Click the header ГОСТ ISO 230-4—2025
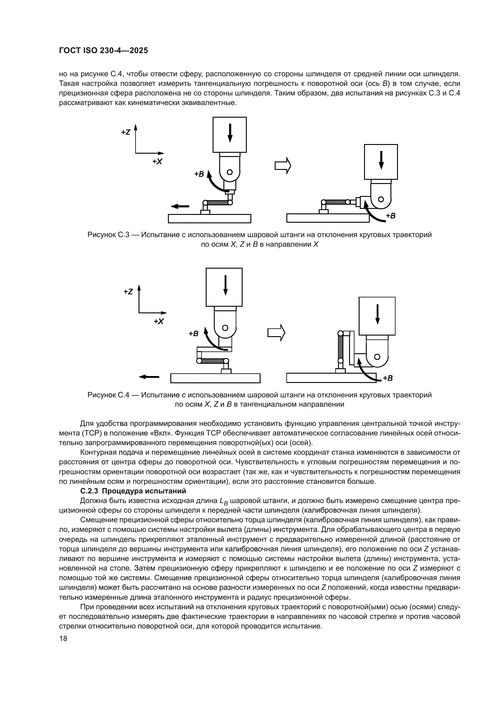(x=103, y=51)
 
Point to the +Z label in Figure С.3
(x=126, y=132)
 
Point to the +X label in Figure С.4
(x=159, y=321)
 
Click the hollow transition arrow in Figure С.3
(x=283, y=166)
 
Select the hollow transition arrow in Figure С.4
(x=276, y=332)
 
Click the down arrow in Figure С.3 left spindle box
(x=230, y=133)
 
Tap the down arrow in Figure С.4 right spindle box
(x=377, y=314)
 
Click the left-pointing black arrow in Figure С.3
(x=180, y=206)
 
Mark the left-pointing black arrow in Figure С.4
(x=149, y=377)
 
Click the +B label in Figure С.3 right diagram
(x=390, y=215)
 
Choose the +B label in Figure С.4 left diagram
(x=193, y=333)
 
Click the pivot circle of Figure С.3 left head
(x=230, y=172)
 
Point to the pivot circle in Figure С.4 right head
(x=377, y=357)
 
